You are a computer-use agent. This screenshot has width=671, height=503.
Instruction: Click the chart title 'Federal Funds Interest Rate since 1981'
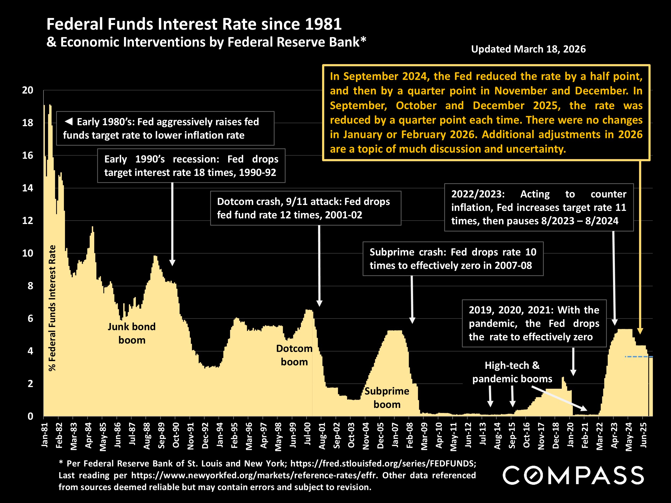[x=194, y=24]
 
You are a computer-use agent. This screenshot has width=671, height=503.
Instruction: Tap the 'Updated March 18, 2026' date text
[x=528, y=49]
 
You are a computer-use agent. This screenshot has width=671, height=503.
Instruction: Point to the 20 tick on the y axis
[x=28, y=90]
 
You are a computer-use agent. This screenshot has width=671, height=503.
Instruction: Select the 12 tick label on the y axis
[x=28, y=221]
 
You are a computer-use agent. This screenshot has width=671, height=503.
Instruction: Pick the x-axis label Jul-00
[x=308, y=434]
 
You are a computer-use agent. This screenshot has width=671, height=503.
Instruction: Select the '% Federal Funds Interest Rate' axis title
[x=52, y=308]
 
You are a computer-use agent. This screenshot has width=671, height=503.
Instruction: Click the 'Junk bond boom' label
[x=132, y=333]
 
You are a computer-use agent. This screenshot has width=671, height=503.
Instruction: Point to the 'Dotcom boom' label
[x=294, y=355]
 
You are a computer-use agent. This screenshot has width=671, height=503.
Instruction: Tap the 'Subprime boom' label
[x=387, y=398]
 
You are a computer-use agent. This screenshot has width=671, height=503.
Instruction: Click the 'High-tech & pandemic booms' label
[x=512, y=372]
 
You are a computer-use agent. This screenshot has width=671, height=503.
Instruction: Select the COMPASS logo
[x=573, y=475]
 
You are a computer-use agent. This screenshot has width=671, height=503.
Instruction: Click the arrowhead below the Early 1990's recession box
[x=172, y=263]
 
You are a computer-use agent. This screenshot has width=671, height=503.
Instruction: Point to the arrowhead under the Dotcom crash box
[x=319, y=303]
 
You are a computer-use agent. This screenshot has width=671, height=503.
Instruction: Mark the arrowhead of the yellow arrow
[x=640, y=331]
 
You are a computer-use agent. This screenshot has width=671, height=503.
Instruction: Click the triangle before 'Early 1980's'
[x=69, y=122]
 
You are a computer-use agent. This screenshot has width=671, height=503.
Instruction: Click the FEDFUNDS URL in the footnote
[x=383, y=463]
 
